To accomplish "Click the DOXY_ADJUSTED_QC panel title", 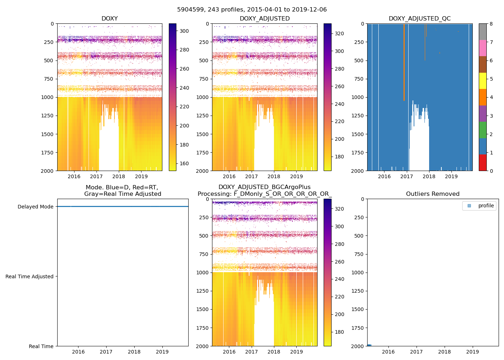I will (x=419, y=19).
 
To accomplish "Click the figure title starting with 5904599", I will (x=252, y=10).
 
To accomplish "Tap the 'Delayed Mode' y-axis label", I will (x=35, y=207).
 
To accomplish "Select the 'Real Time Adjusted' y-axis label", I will (x=29, y=276).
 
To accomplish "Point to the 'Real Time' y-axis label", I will (x=41, y=346).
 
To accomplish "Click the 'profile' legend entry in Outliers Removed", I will (x=486, y=206).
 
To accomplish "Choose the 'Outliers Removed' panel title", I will (x=432, y=194).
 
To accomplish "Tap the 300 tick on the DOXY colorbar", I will (x=184, y=31).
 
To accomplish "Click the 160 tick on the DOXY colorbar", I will (x=184, y=163).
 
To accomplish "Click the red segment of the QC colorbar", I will (x=482, y=162).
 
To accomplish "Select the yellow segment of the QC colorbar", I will (x=482, y=81).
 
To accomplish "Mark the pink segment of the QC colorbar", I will (x=482, y=48).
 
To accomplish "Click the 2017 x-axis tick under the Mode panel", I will (x=106, y=352).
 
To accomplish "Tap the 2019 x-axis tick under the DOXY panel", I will (x=141, y=176).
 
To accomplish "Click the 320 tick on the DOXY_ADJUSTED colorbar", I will (x=339, y=33).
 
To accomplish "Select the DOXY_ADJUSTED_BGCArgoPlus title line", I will (x=264, y=187).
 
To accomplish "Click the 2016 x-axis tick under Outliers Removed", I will (x=388, y=352).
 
